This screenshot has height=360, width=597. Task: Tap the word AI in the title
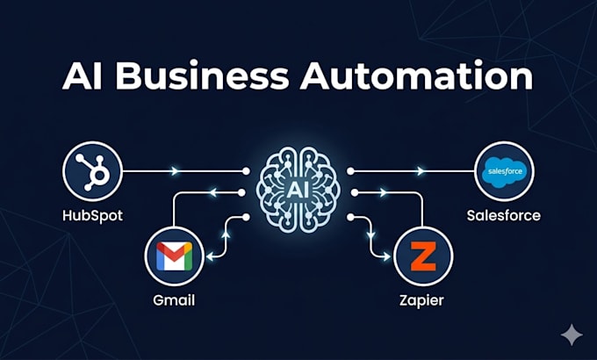(x=83, y=76)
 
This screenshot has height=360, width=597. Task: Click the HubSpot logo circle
(x=92, y=171)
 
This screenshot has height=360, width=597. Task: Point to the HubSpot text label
(x=92, y=216)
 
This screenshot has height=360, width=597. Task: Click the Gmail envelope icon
(x=175, y=256)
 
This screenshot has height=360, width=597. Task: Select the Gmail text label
(x=174, y=300)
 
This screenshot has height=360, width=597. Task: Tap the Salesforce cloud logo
(x=505, y=172)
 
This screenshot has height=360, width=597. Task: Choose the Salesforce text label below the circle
(x=504, y=216)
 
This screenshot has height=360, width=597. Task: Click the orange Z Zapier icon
(x=423, y=256)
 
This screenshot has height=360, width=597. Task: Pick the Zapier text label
(x=421, y=301)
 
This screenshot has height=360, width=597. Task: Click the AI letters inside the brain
(x=298, y=190)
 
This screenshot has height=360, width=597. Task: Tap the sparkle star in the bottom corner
(x=572, y=335)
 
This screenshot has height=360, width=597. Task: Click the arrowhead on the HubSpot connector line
(x=175, y=171)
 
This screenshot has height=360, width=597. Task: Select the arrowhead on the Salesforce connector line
(x=421, y=171)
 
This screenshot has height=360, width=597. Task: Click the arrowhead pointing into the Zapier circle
(x=387, y=256)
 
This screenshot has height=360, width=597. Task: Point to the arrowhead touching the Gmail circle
(x=210, y=256)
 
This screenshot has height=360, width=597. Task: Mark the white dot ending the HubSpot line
(x=247, y=171)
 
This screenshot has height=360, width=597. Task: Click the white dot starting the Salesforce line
(x=350, y=171)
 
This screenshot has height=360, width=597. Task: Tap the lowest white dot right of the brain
(x=350, y=217)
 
